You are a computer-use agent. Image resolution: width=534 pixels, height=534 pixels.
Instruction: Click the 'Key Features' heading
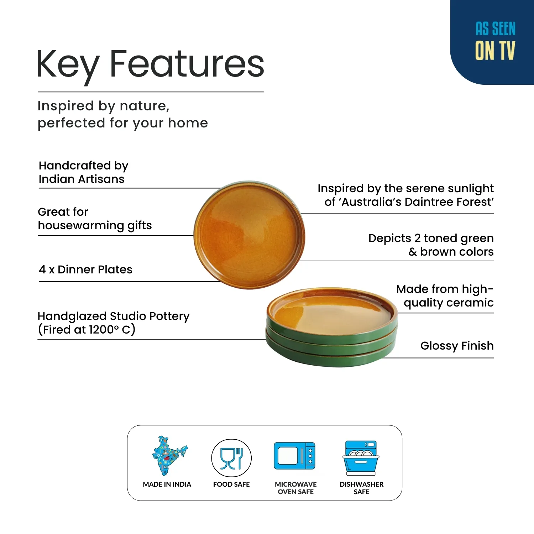(150, 64)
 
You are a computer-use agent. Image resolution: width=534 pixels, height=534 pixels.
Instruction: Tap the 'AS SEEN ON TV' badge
(495, 41)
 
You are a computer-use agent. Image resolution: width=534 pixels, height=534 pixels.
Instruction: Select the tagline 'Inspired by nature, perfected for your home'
(122, 114)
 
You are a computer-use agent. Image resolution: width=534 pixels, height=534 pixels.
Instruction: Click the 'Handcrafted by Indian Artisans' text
(83, 172)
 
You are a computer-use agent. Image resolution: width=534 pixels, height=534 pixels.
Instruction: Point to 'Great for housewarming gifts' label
(95, 219)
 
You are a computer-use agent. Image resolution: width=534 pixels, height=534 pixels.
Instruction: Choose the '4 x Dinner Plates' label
(85, 269)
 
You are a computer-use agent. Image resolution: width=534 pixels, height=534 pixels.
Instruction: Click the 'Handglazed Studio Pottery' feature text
(113, 323)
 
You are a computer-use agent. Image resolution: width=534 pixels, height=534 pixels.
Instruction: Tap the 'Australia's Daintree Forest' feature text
(406, 195)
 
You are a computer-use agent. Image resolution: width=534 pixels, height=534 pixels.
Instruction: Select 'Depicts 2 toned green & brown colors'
(431, 245)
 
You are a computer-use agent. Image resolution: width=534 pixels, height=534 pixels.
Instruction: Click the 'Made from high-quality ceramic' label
(445, 295)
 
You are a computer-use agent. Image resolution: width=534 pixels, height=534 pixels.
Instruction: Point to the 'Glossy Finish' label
(457, 346)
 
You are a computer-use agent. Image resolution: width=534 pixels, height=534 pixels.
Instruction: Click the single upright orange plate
(249, 235)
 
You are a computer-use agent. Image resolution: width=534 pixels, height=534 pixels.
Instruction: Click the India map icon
(167, 456)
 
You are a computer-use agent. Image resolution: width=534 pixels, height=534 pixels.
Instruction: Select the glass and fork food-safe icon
(231, 458)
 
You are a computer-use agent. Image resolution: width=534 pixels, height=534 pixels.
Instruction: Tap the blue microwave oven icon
(295, 456)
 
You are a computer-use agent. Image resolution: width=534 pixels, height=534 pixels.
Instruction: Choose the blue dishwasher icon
(361, 458)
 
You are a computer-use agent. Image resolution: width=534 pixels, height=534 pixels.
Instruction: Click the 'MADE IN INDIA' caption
(167, 485)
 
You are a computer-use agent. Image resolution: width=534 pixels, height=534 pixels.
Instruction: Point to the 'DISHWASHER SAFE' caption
(361, 488)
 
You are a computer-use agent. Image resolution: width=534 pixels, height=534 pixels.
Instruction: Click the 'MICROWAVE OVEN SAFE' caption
(295, 488)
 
